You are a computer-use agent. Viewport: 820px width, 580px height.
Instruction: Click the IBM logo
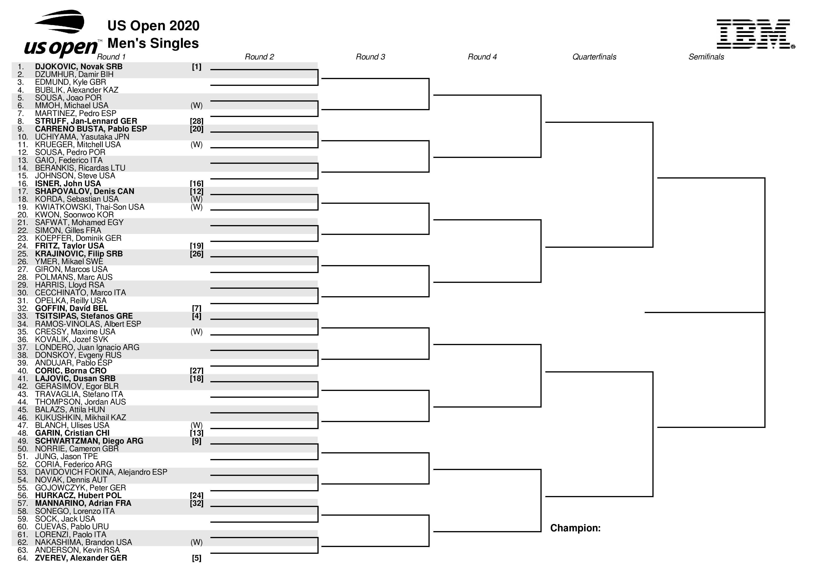point(755,34)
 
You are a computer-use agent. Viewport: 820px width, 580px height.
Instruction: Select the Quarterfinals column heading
point(594,57)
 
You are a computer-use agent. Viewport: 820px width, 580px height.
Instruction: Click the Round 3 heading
point(370,57)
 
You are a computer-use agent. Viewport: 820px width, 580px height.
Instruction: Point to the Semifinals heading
point(706,57)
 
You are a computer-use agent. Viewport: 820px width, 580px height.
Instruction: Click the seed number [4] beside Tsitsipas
point(196,316)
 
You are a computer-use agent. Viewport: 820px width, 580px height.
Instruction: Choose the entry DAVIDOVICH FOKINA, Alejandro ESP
point(101,472)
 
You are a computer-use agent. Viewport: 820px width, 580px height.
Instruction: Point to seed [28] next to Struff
point(196,121)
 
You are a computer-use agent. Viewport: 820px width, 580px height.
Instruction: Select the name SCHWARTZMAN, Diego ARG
point(89,441)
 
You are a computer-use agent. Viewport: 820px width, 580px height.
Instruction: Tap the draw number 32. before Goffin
point(22,308)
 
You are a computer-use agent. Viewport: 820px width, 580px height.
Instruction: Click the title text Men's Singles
point(153,43)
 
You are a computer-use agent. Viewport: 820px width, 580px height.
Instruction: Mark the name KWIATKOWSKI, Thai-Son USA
point(90,207)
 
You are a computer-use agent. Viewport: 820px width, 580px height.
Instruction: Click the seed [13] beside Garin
point(196,433)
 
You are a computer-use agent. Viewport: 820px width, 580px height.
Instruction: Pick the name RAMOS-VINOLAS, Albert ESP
point(88,324)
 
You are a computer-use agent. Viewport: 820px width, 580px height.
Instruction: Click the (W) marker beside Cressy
point(196,332)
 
